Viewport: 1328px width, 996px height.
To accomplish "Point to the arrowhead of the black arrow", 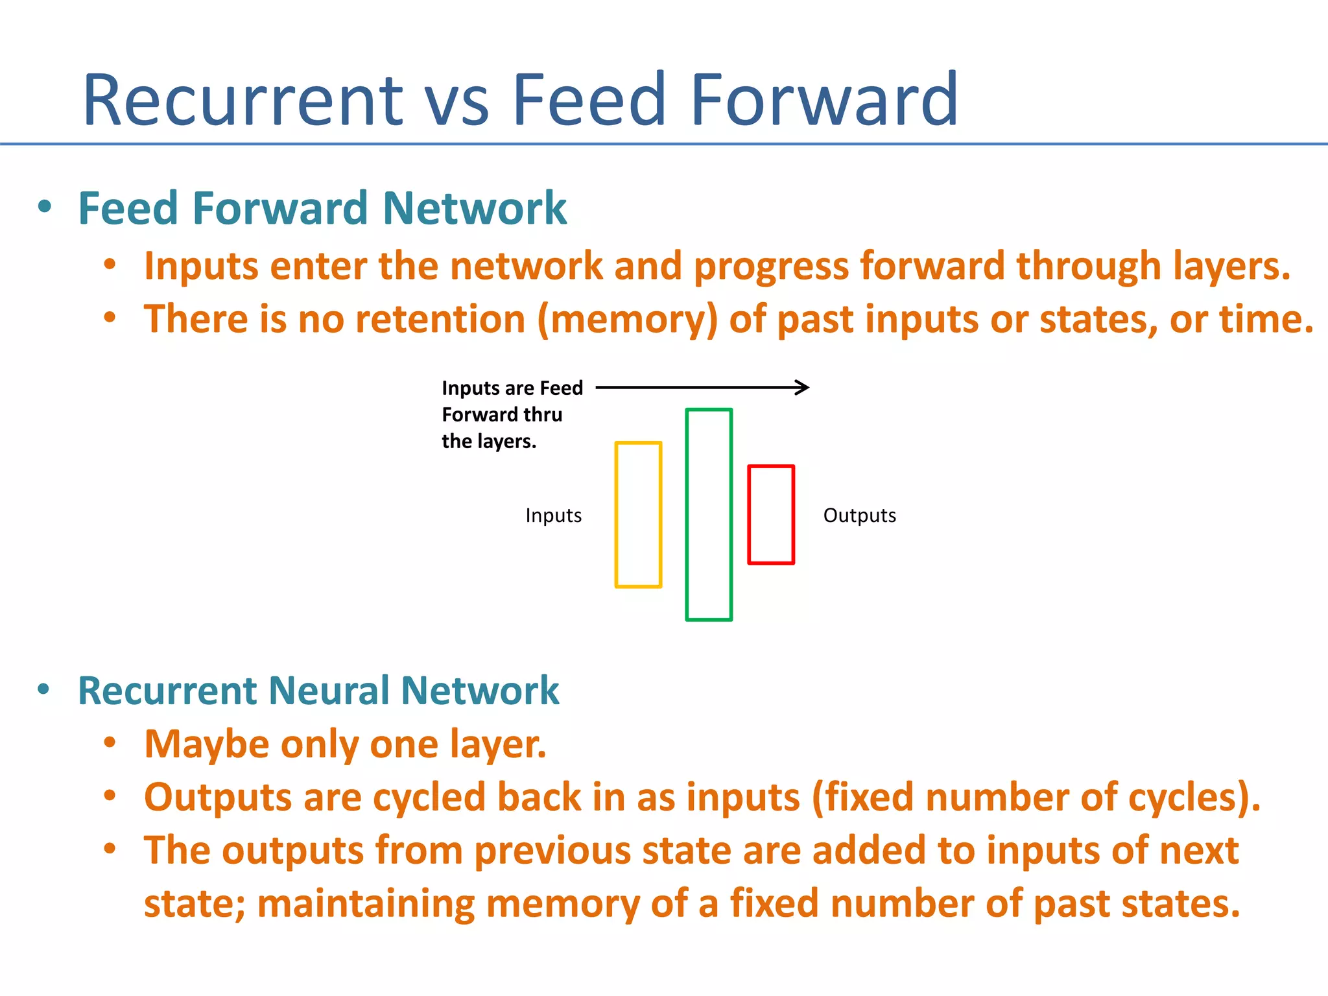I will pyautogui.click(x=804, y=388).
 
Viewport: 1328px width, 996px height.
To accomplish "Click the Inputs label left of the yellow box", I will pyautogui.click(x=553, y=516).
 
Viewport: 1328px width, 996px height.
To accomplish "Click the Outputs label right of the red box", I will pyautogui.click(x=859, y=516).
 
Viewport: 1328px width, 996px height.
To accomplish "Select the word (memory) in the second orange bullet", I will pyautogui.click(x=628, y=320).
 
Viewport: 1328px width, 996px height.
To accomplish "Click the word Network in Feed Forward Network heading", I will pyautogui.click(x=475, y=209).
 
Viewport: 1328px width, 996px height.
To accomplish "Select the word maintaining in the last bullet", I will pyautogui.click(x=366, y=904).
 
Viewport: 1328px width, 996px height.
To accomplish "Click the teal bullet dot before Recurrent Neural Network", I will pyautogui.click(x=43, y=689).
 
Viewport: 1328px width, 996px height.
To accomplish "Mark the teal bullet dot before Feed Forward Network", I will pyautogui.click(x=44, y=207).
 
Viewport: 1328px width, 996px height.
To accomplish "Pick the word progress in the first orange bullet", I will pyautogui.click(x=771, y=267).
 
